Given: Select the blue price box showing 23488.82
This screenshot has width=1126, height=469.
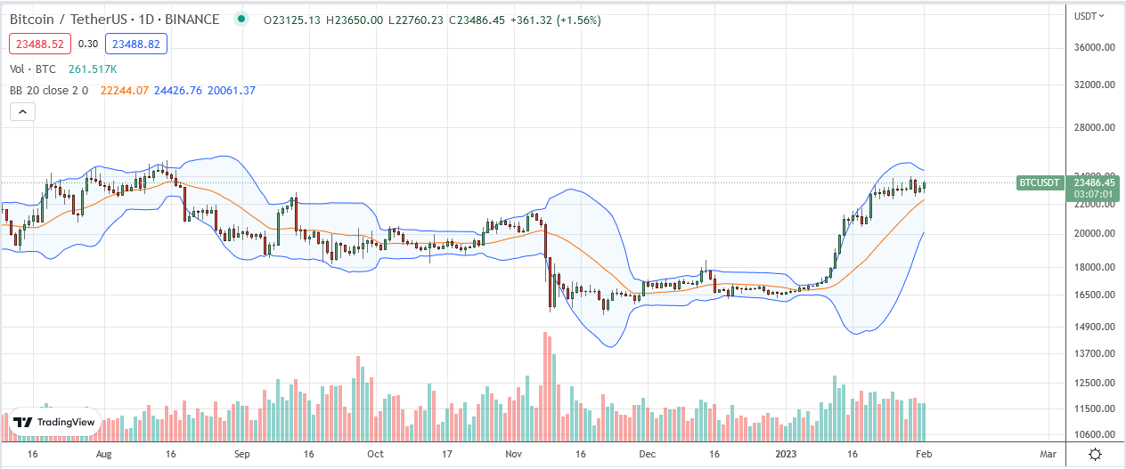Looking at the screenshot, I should tap(135, 43).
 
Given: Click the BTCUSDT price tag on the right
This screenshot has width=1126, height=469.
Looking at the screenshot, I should tap(1039, 182).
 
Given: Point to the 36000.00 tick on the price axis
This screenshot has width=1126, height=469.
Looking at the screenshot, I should tap(1094, 48).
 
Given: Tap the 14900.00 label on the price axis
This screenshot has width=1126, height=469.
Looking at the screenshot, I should tap(1094, 327).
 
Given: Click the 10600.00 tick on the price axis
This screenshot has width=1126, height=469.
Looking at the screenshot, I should tap(1094, 434).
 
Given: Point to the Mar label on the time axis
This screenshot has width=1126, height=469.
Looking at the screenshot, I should tap(1048, 454).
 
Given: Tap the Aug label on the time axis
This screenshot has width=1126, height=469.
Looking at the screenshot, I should tap(103, 454).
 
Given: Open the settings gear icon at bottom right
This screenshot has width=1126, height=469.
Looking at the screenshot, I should tap(1096, 454).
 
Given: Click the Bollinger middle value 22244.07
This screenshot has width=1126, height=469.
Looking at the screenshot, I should tap(126, 90).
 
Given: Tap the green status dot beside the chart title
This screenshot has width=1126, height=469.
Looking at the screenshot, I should tap(241, 19).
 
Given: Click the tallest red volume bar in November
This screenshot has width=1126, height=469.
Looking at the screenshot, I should tap(545, 387).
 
